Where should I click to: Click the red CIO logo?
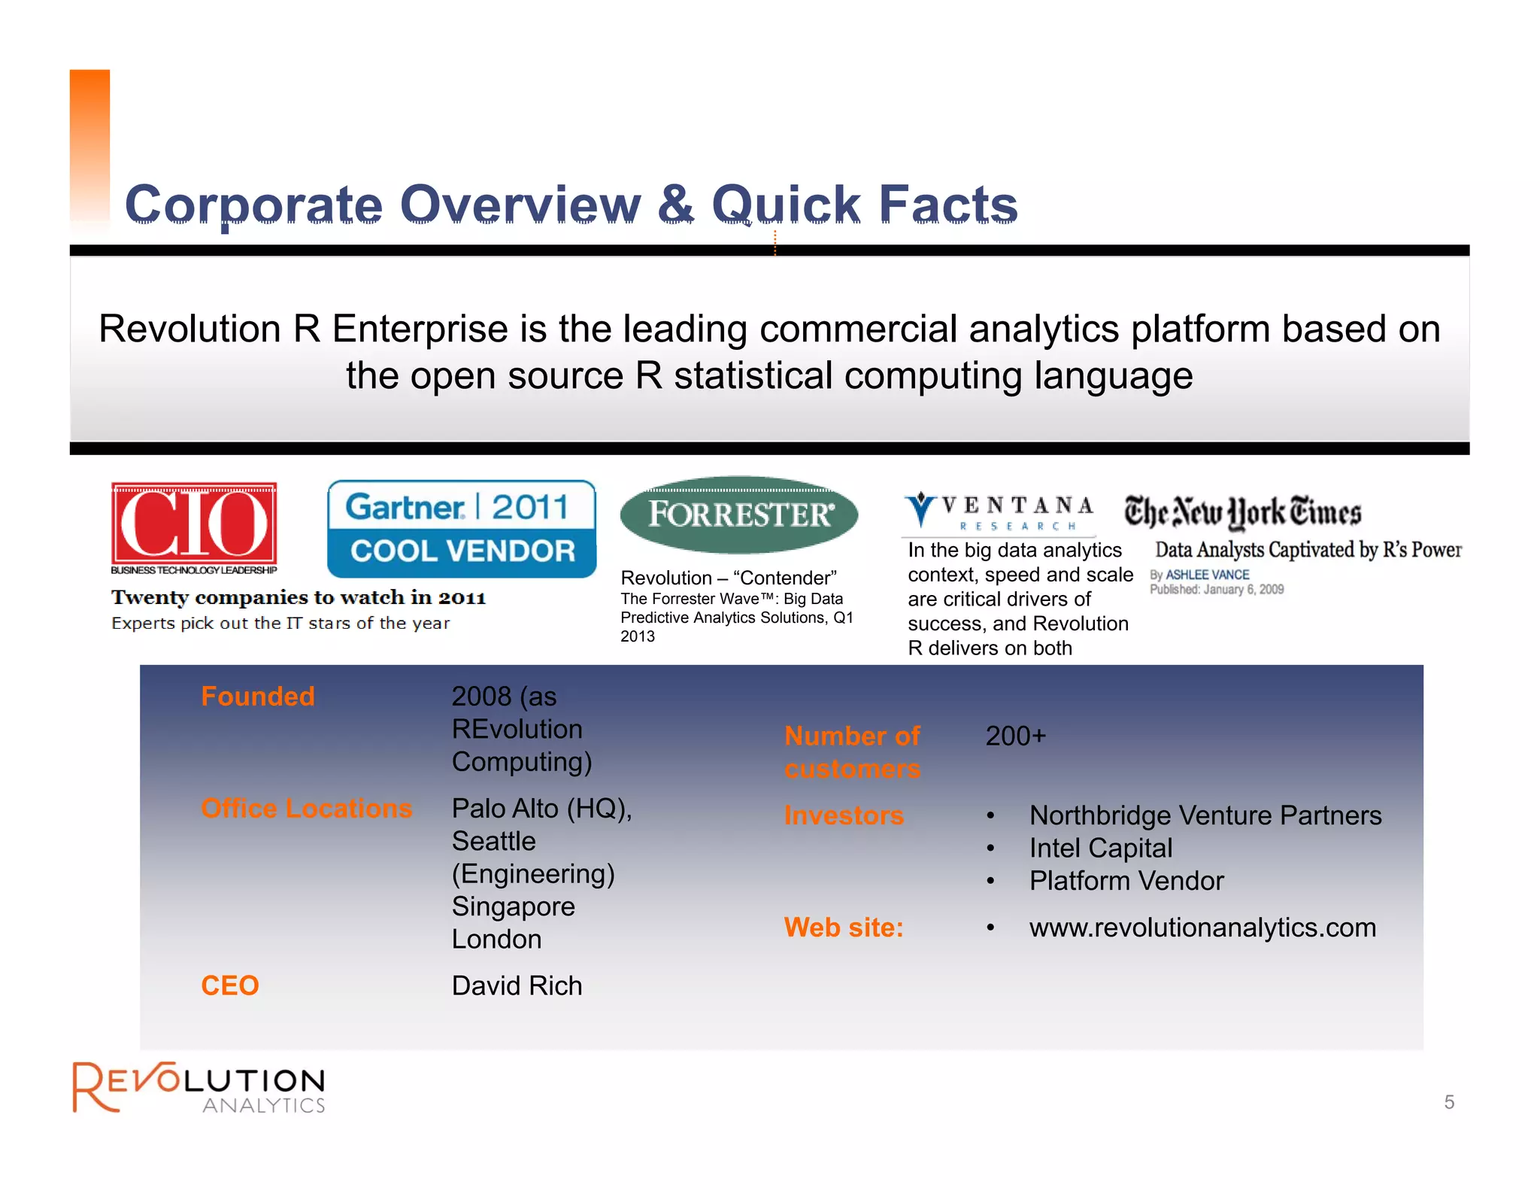[x=194, y=524]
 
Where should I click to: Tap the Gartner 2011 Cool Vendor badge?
[x=462, y=529]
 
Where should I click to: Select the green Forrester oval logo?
[x=739, y=515]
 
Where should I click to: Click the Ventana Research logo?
[x=999, y=512]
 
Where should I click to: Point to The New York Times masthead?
[x=1242, y=512]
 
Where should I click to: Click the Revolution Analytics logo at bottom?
[x=199, y=1087]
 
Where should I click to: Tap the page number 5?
[x=1449, y=1102]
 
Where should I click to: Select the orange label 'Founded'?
[x=258, y=697]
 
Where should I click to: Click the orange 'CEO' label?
[x=230, y=985]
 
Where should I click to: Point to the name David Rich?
[x=517, y=985]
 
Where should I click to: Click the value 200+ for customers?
[x=1015, y=736]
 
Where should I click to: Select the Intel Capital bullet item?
[x=1100, y=848]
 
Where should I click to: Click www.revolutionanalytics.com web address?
[x=1202, y=927]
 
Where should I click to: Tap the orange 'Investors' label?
[x=844, y=815]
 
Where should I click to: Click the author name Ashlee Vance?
[x=1207, y=575]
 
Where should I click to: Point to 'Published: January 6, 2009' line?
[x=1217, y=589]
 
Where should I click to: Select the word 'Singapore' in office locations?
[x=513, y=906]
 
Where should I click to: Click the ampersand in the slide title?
[x=676, y=205]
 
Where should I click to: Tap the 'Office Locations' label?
[x=307, y=808]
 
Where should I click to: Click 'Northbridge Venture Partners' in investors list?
[x=1205, y=815]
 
